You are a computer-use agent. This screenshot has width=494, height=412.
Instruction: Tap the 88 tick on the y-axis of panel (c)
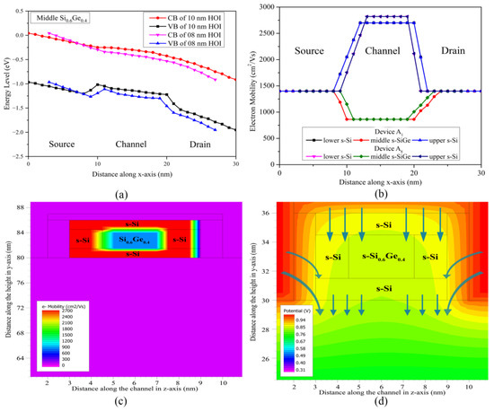click(21, 208)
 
